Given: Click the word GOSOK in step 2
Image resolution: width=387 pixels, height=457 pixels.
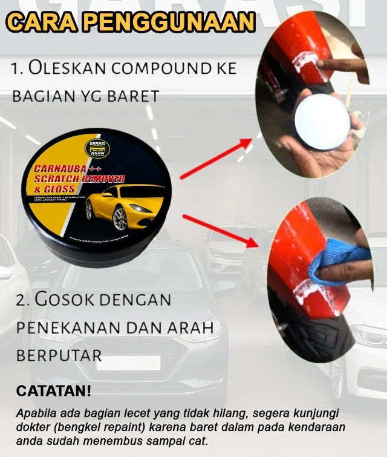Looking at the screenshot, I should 69,299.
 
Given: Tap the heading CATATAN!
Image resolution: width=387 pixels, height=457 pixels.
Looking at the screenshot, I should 53,391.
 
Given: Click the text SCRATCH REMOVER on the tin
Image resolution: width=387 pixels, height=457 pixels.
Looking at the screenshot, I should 79,179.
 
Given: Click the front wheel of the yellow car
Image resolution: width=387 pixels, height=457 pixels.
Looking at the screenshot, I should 120,217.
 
